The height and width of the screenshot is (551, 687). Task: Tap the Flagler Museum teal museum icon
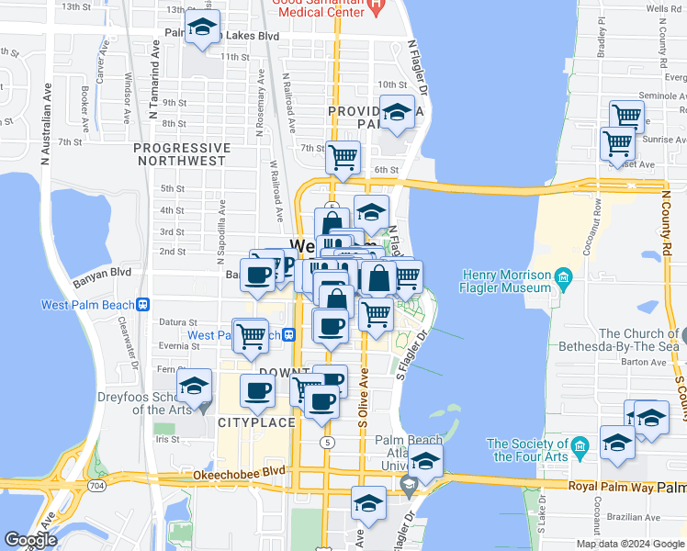click(x=563, y=276)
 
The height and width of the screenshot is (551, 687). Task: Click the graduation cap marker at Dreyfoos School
click(x=194, y=387)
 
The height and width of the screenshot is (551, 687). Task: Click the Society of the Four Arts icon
click(x=580, y=447)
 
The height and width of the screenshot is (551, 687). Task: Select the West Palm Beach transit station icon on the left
click(x=143, y=305)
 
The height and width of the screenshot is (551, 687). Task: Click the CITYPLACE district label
click(x=256, y=422)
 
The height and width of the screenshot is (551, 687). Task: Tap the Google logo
click(x=30, y=540)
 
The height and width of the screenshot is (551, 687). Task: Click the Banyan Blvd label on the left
click(x=105, y=273)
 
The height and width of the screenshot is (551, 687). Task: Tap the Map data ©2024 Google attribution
click(x=631, y=544)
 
